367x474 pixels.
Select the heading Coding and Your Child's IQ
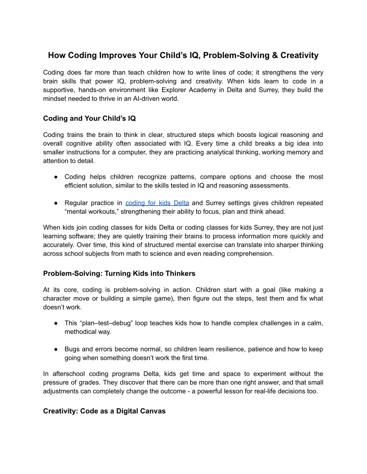[89, 119]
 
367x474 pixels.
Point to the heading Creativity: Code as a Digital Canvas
[104, 411]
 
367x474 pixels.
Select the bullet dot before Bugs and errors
[54, 349]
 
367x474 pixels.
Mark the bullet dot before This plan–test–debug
[54, 324]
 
